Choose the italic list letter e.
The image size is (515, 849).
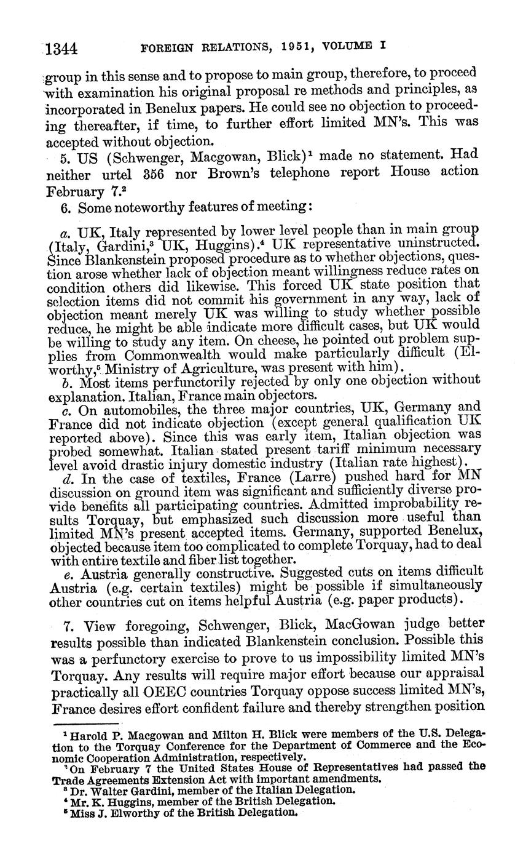[x=66, y=570]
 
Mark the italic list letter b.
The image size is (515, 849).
[x=66, y=382]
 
